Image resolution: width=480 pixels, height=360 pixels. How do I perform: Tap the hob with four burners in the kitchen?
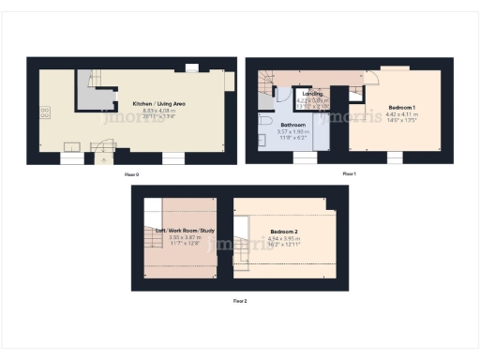[45, 112]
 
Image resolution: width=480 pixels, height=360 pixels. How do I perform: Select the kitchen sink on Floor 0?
[70, 145]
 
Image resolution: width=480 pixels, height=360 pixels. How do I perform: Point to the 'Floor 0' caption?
[131, 174]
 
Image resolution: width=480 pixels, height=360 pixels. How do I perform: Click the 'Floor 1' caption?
[349, 174]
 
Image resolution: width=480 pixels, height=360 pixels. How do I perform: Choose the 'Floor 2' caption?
[240, 301]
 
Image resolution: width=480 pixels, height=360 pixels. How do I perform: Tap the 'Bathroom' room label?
[293, 125]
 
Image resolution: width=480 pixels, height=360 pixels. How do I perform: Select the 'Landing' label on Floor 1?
[312, 94]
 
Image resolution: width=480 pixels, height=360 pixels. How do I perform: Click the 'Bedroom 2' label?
[284, 231]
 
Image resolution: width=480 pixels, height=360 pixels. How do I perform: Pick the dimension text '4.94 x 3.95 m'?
[284, 238]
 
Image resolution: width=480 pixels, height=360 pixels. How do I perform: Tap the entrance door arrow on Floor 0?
[102, 158]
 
